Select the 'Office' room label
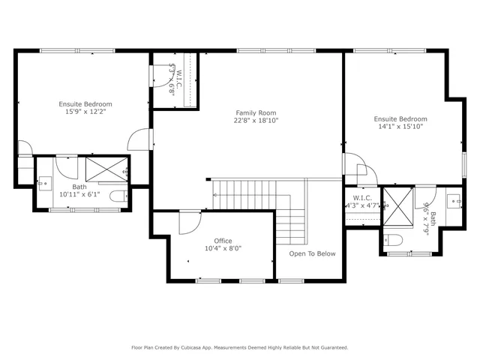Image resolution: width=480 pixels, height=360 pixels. point(223,241)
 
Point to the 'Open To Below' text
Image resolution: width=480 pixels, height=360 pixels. point(313,253)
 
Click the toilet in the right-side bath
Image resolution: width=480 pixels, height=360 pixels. point(395,240)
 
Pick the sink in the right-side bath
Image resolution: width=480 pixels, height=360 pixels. point(453,201)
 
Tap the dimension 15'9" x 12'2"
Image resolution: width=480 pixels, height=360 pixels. point(86,112)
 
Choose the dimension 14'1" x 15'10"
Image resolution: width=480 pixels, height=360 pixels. point(400,127)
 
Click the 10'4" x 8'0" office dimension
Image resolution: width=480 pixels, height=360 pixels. point(223,248)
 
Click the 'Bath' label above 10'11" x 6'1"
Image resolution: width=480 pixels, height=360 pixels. point(79,187)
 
